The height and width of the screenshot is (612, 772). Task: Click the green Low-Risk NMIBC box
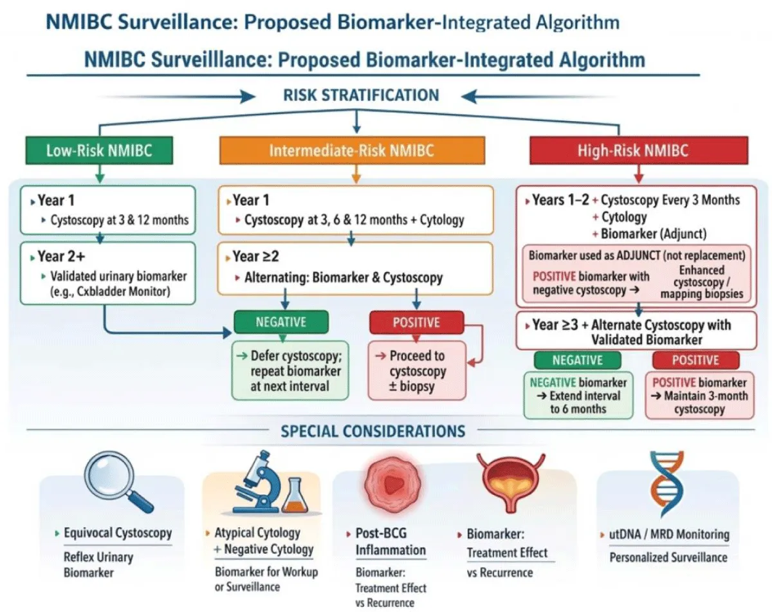pos(99,151)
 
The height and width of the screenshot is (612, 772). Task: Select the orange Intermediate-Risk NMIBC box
pos(351,151)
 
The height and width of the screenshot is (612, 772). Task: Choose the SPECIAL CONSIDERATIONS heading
pos(372,431)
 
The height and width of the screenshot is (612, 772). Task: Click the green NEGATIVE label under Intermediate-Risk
pos(281,322)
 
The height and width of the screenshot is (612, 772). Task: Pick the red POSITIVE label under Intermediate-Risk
pos(416,322)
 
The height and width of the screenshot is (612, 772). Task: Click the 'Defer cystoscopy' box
pos(290,371)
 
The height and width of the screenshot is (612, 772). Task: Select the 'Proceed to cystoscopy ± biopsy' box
pos(416,371)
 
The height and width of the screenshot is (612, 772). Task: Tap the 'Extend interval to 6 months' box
pos(578,394)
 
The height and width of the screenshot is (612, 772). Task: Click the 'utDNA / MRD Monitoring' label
pos(669,534)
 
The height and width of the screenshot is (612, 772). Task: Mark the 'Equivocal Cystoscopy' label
pos(118,533)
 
